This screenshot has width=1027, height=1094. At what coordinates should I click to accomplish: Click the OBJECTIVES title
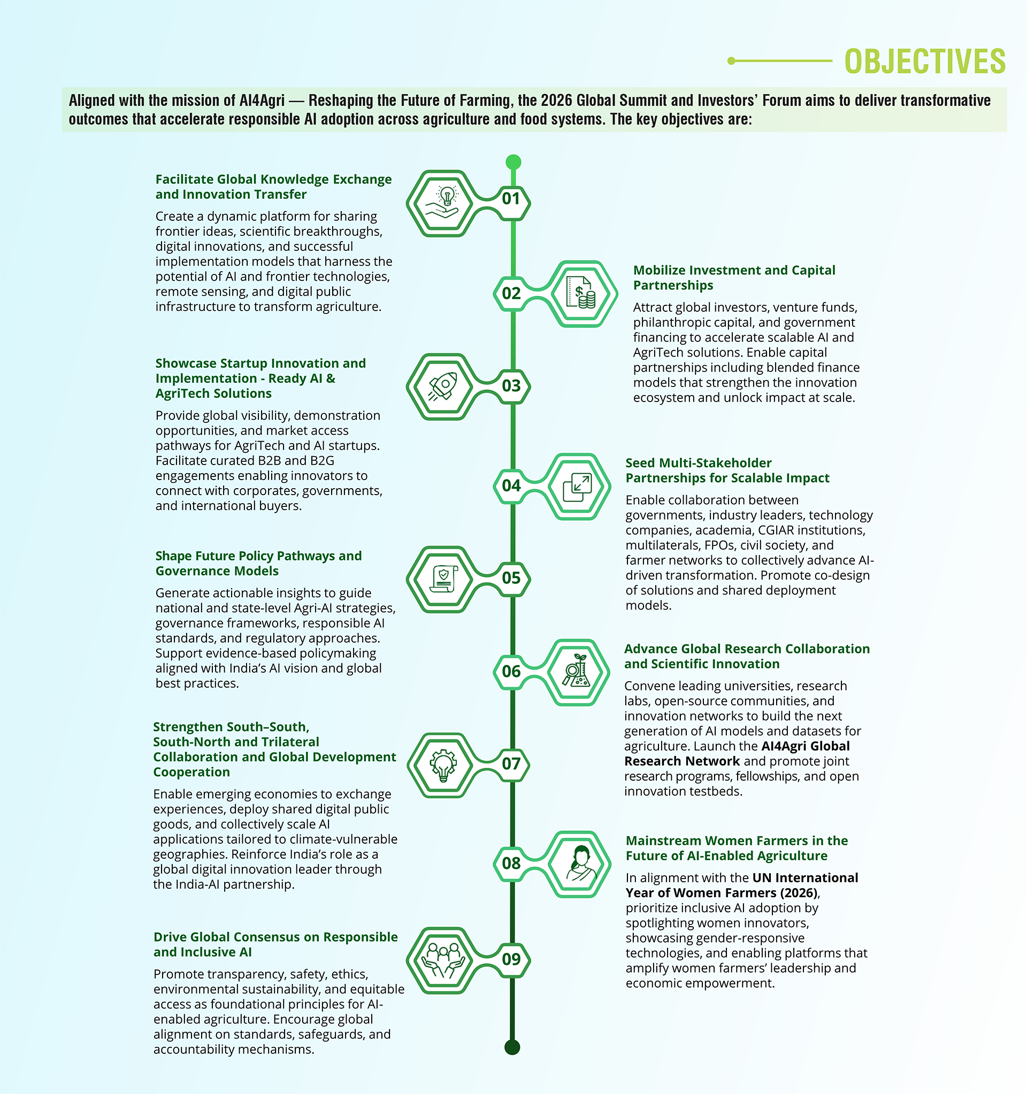pos(925,61)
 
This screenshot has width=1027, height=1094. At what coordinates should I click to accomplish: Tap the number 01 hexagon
pos(511,199)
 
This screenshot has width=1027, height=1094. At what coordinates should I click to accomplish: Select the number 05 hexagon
pos(511,578)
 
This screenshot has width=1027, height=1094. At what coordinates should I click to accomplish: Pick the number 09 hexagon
pos(511,959)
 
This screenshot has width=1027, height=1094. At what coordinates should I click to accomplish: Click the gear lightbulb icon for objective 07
pos(443,765)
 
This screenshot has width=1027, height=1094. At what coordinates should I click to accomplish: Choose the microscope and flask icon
pos(577,672)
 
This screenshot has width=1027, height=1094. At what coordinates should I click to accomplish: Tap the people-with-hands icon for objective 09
pos(443,960)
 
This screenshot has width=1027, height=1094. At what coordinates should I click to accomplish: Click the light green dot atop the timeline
pos(513,162)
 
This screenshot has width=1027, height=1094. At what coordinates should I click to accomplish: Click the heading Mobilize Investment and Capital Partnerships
pos(734,278)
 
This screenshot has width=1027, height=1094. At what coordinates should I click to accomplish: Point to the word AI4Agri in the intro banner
pos(262,101)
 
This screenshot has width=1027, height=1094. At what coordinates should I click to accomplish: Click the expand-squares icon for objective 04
pos(577,487)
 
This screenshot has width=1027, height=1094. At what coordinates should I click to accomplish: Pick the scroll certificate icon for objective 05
pos(443,579)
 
